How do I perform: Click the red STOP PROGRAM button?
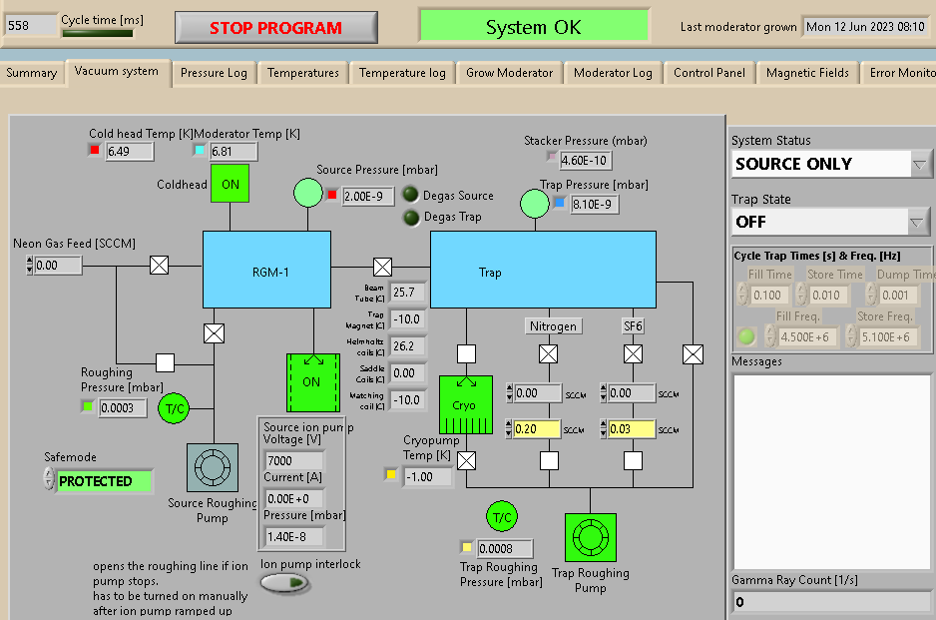point(275,28)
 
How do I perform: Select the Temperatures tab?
point(302,73)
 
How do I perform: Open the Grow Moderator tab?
point(509,73)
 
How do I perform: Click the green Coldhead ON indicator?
point(230,184)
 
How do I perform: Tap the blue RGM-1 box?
point(267,270)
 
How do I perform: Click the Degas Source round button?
point(410,195)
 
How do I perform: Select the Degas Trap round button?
point(410,217)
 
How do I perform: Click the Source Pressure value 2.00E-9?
point(369,196)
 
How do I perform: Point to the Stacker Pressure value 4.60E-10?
point(585,160)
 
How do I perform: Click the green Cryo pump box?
point(466,405)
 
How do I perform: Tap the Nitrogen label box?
point(553,325)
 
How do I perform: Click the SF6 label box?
point(633,325)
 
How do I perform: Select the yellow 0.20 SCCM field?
point(537,429)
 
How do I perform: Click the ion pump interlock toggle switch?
point(284,583)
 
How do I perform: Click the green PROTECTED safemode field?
point(104,481)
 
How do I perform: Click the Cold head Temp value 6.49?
point(129,151)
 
